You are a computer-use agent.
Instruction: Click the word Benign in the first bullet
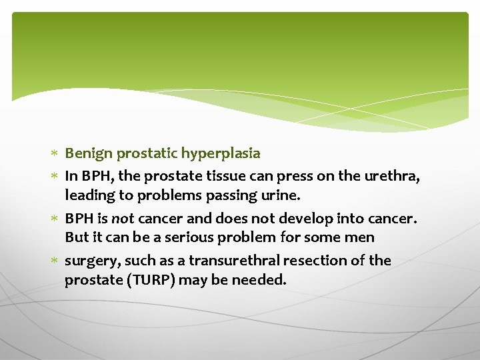pyautogui.click(x=89, y=153)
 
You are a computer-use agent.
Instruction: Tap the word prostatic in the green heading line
pyautogui.click(x=147, y=153)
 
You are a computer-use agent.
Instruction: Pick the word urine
pyautogui.click(x=283, y=195)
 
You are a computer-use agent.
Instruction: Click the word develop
pyautogui.click(x=311, y=217)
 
